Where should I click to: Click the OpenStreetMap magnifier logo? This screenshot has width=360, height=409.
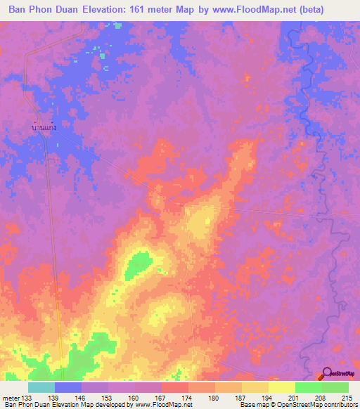[x=327, y=374]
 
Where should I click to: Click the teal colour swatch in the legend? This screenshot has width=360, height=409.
[x=41, y=387]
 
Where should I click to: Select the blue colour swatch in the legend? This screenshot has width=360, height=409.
[x=68, y=387]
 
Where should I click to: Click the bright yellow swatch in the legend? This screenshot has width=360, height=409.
[x=282, y=387]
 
